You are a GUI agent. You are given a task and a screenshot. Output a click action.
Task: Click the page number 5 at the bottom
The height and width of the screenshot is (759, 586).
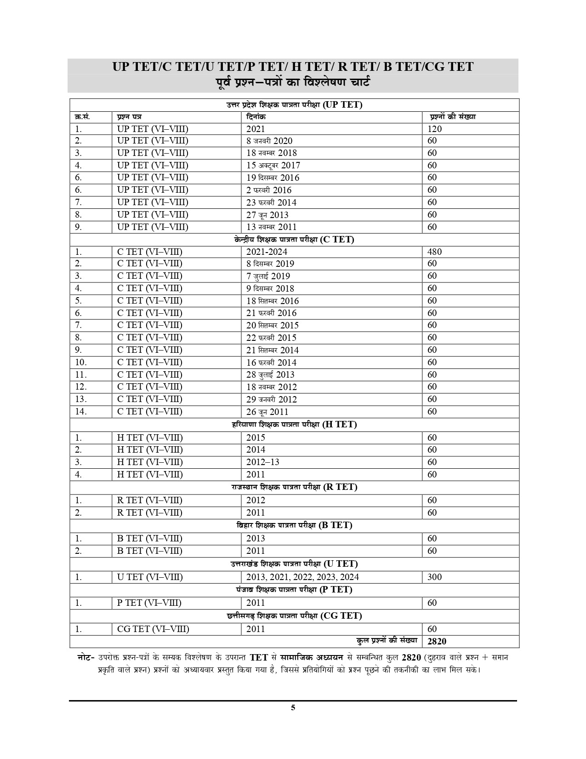pos(293,707)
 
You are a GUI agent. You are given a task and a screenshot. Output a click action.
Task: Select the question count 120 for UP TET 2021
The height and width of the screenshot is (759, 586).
pos(434,129)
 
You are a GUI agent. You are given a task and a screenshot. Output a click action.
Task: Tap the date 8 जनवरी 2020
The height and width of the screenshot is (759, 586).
pos(269,141)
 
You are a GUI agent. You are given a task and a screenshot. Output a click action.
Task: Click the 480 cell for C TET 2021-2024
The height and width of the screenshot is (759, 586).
pos(434,252)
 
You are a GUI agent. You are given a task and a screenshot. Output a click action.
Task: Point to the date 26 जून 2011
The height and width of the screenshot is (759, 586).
pos(267,412)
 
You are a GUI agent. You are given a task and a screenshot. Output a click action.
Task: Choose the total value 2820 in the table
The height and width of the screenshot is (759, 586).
pos(437,641)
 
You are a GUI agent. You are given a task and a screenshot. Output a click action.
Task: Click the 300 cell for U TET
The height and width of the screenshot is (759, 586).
pos(434,577)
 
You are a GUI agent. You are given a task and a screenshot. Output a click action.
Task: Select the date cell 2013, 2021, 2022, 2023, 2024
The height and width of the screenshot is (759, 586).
pos(302,577)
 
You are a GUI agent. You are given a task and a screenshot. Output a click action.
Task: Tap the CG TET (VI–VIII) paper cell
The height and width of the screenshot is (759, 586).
pos(153,629)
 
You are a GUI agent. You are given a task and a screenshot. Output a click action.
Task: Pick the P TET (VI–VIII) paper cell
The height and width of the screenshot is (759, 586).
pos(149,603)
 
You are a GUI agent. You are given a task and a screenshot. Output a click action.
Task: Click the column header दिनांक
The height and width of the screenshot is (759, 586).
pos(256,117)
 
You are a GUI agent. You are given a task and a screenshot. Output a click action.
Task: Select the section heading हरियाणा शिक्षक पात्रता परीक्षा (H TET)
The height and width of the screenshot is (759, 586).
pos(294,425)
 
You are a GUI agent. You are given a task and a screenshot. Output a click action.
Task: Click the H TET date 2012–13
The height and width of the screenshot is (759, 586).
pos(262,462)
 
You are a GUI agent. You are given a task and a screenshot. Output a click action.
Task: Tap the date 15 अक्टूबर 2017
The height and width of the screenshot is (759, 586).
pos(273,166)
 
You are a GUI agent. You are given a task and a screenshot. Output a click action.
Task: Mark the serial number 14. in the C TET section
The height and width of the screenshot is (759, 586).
pos(81,411)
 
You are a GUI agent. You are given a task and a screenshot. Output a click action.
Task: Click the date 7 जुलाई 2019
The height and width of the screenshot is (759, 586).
pos(268,276)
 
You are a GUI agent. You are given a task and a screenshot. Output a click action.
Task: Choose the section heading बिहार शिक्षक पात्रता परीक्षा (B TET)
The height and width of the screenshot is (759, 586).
pos(294,525)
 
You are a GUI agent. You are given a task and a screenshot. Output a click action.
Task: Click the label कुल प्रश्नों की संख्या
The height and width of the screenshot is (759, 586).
pos(387,640)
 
